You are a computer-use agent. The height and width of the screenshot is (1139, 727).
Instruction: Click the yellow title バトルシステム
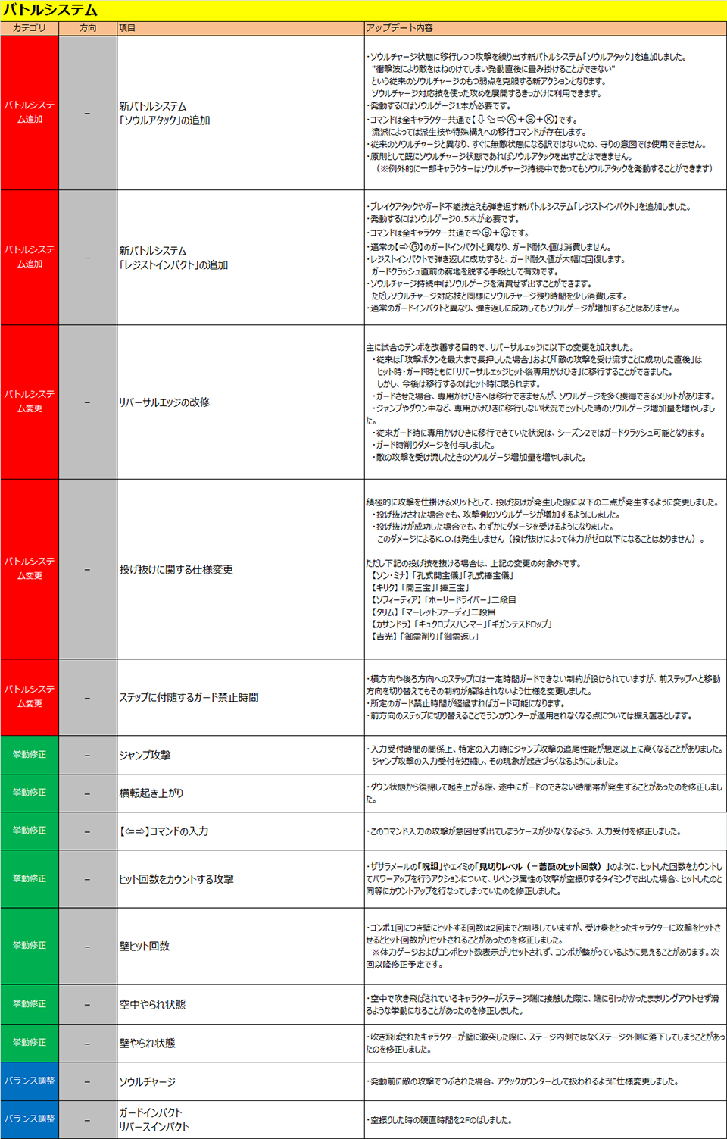51,11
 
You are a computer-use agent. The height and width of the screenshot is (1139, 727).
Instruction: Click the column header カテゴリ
30,28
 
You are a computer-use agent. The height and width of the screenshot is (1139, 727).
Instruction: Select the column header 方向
88,28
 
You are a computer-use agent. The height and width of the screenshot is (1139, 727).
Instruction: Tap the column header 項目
127,28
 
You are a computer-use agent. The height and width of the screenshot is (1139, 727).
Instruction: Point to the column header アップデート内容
400,28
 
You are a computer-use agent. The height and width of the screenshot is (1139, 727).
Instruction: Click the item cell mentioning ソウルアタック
164,113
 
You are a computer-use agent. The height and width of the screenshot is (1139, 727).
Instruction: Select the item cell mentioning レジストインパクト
173,258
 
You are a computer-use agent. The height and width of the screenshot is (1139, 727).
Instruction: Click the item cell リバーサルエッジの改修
164,402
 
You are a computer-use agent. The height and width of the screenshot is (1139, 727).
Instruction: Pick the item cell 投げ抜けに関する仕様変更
176,569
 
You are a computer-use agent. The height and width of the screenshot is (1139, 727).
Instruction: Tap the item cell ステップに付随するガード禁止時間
189,697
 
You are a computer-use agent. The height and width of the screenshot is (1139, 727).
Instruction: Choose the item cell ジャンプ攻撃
145,755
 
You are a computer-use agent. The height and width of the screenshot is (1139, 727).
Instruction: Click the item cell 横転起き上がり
151,793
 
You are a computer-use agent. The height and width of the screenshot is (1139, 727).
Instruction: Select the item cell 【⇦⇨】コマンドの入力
163,831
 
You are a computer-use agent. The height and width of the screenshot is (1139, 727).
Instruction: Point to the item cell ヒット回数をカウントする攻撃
176,879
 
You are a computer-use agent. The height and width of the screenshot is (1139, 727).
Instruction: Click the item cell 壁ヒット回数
144,946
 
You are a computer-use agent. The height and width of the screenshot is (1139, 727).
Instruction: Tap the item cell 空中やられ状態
152,1004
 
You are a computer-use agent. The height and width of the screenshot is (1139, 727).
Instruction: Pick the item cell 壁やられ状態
147,1043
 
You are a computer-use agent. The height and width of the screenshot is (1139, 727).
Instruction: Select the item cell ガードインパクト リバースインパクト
154,1119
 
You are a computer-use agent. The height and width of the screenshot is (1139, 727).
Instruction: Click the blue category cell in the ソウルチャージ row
30,1081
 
